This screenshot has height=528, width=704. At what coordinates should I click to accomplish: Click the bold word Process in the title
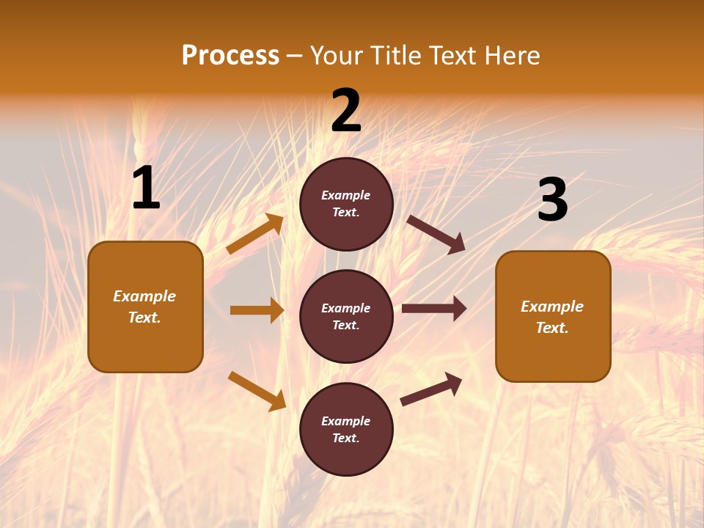pos(230,56)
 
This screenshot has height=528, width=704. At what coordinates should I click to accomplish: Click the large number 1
pos(146,188)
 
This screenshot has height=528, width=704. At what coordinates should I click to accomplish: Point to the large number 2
pos(346,111)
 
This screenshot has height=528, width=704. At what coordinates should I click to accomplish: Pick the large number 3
pos(552,200)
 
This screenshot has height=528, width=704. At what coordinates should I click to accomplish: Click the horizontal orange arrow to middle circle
pos(257,310)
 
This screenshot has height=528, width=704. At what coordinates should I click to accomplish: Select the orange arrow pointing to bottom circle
pos(257,391)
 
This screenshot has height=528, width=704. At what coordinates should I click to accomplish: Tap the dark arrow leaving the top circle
pos(436,234)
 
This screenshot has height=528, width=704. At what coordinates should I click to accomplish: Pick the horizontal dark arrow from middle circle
pos(434,309)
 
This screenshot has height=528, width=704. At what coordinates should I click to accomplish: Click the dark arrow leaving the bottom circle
pos(432,389)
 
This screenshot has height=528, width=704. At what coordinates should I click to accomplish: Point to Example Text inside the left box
pos(144,307)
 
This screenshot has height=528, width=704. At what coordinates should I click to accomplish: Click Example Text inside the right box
pos(552,317)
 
